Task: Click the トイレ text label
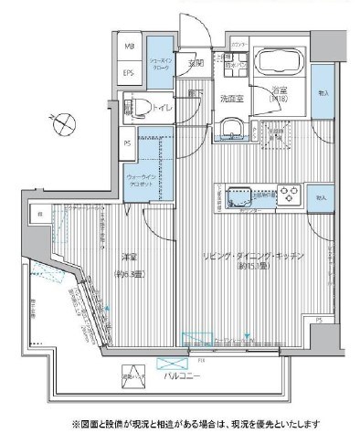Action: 166,108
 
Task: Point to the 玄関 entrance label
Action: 195,62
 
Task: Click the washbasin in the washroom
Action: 228,131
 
